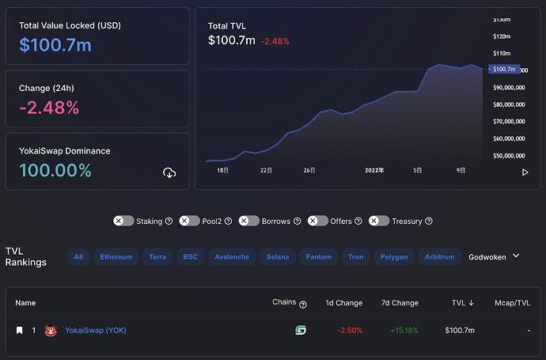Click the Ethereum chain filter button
(x=116, y=257)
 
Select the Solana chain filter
(x=278, y=257)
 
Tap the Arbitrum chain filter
(x=439, y=257)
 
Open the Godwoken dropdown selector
(x=494, y=257)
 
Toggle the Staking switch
(x=123, y=221)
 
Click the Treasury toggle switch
(x=379, y=221)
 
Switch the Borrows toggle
(x=249, y=221)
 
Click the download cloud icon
(x=169, y=172)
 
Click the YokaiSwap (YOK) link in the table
(x=96, y=331)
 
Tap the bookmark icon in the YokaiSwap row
(x=20, y=330)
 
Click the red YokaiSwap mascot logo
(x=51, y=330)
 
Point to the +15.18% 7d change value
(x=404, y=331)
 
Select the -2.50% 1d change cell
(x=350, y=331)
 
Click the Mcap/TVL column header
(x=513, y=303)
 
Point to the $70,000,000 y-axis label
(x=509, y=122)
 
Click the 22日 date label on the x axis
(x=266, y=170)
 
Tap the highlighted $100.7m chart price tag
(x=504, y=69)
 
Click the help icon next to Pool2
(x=228, y=221)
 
